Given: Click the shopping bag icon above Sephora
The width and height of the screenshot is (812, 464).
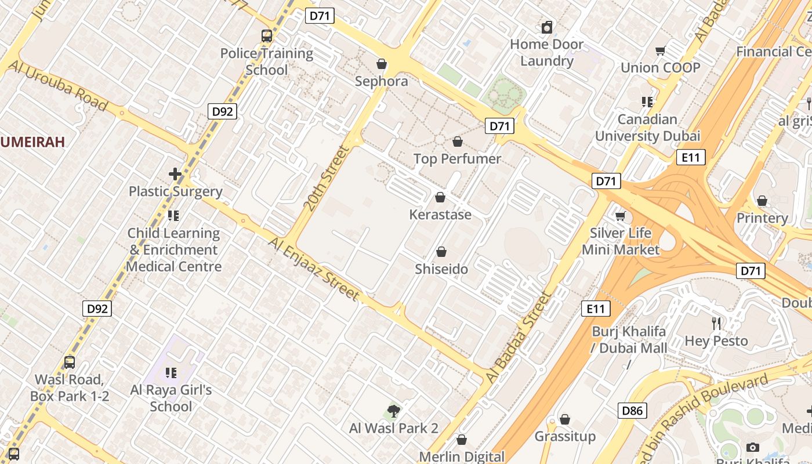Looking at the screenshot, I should [382, 64].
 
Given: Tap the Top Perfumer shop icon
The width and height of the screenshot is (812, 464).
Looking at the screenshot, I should [458, 142].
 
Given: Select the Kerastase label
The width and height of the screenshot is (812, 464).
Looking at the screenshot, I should [440, 215].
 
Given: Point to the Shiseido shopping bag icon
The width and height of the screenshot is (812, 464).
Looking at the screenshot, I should [441, 252].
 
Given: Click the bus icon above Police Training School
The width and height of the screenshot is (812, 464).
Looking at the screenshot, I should [267, 36].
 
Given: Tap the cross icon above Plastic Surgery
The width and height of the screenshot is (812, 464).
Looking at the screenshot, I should [175, 173].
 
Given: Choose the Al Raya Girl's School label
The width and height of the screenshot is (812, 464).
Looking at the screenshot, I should [171, 398].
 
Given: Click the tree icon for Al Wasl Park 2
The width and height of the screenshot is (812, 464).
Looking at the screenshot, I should [394, 412].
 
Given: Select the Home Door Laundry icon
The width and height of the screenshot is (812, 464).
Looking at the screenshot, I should [546, 27].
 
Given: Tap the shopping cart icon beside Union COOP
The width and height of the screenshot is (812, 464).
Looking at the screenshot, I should [660, 51].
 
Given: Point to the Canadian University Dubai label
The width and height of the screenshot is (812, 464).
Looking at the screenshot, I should [647, 128].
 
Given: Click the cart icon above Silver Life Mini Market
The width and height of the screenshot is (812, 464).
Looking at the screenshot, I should [620, 216].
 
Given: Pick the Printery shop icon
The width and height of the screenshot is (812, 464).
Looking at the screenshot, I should [762, 201].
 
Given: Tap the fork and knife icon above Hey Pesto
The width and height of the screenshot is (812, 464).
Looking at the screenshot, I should [716, 324].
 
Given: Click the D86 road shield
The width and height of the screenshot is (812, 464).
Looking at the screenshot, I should [632, 411].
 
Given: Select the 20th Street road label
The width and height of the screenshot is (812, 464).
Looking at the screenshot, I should [326, 178].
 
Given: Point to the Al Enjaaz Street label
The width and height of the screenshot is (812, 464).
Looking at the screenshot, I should [314, 268].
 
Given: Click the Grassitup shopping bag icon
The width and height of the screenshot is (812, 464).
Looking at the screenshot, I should [565, 419].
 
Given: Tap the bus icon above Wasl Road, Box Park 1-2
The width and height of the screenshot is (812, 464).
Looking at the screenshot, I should [70, 362].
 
